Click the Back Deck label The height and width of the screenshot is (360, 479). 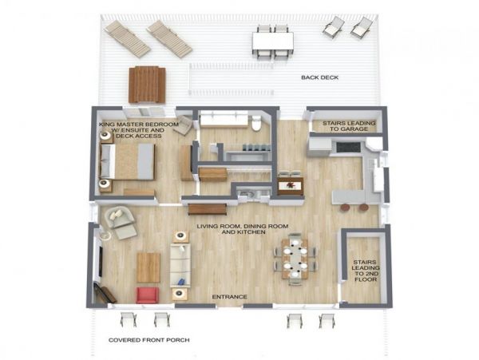point(320,77)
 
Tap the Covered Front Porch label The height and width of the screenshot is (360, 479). point(149,340)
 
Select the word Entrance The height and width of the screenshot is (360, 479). point(230,297)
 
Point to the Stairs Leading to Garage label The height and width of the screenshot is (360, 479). point(349,126)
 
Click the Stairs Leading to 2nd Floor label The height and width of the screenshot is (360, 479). point(366,271)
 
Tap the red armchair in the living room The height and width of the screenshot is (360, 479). point(147,295)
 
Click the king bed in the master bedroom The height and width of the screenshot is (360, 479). point(127,161)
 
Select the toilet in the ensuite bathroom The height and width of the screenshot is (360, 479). point(256,124)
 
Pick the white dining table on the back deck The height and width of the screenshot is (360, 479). point(273,42)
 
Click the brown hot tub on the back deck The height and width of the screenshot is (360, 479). point(147,85)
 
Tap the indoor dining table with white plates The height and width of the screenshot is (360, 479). point(295,259)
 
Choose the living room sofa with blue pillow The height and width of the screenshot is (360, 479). point(180,265)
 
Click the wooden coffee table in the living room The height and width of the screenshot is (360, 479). point(148,267)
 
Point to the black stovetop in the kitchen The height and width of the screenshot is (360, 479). point(349,147)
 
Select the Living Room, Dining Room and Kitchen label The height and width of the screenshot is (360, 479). point(243,229)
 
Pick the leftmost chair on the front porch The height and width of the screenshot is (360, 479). point(129,319)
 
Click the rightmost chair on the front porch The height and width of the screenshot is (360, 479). point(327,321)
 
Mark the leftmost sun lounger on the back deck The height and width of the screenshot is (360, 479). point(127,39)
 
